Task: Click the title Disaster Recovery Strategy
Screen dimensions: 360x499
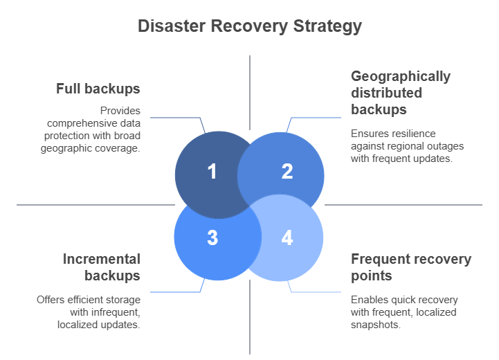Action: coord(249,26)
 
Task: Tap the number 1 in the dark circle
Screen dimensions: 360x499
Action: coord(212,171)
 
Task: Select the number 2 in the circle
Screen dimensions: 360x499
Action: coord(287,171)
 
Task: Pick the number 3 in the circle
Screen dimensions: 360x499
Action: coord(212,237)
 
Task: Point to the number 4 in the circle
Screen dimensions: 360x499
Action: coord(287,237)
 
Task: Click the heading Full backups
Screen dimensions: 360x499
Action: coord(98,89)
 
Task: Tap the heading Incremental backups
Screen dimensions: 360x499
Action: coord(102,267)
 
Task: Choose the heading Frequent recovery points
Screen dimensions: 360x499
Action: coord(411,267)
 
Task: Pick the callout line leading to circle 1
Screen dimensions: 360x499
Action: coord(176,118)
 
